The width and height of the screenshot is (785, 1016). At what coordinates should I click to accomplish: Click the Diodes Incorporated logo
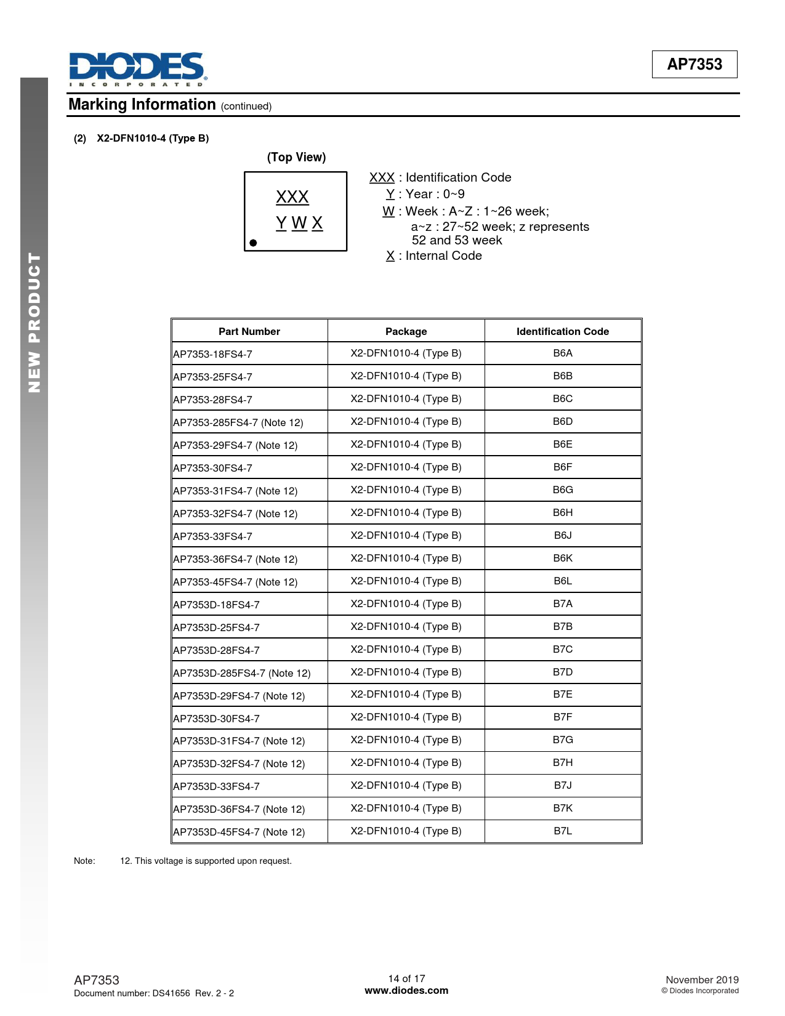(x=137, y=69)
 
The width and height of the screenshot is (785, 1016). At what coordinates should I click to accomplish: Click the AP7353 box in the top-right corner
(x=694, y=64)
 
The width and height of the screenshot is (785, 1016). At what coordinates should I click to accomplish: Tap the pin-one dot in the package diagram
(x=253, y=243)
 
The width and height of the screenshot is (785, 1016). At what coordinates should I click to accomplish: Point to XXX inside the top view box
(x=292, y=197)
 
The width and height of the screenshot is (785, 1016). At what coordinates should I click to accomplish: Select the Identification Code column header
(x=562, y=331)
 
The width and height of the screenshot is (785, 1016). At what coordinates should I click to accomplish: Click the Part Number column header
(x=249, y=331)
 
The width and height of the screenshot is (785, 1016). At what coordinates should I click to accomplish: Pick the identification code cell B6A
(x=562, y=353)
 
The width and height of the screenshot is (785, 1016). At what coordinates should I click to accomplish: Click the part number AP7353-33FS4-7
(x=212, y=536)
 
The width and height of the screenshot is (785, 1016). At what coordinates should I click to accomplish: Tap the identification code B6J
(x=562, y=536)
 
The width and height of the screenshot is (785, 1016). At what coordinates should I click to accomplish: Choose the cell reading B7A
(x=562, y=604)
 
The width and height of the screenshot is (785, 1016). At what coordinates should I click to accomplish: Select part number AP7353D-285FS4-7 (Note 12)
(x=241, y=673)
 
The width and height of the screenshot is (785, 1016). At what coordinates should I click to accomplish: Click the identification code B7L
(x=562, y=831)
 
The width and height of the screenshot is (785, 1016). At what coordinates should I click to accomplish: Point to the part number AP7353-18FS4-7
(x=212, y=354)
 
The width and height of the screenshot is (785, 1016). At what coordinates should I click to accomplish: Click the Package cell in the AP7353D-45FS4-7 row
(x=406, y=831)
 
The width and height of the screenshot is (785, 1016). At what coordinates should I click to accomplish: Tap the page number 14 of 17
(x=406, y=978)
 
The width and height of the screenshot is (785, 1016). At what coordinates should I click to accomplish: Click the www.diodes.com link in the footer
(x=406, y=991)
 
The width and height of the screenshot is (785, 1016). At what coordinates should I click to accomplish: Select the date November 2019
(x=702, y=980)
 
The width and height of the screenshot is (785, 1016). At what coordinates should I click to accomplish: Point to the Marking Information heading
(x=142, y=105)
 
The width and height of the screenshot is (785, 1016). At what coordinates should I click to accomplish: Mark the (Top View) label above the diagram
(x=296, y=157)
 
